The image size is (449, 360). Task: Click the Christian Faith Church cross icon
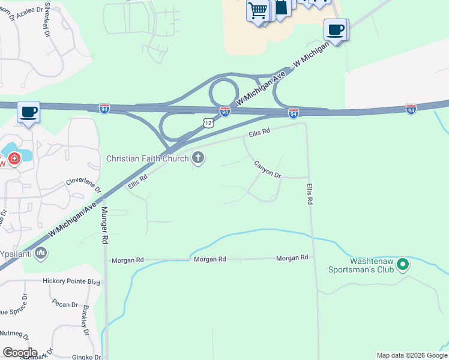coord(198,158)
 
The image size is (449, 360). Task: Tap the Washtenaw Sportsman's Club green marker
coord(403,264)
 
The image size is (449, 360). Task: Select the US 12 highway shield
coord(208,122)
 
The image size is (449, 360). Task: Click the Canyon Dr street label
coord(268,169)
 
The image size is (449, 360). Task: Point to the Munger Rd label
coord(104,225)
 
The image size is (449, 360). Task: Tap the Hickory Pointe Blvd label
coord(71,281)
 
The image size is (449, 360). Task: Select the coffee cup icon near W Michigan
coord(336,29)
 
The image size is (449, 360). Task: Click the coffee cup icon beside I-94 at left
coord(28,112)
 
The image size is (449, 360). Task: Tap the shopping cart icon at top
coord(258,10)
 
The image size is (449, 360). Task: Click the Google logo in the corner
coord(19,353)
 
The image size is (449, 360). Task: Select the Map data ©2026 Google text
coord(412,355)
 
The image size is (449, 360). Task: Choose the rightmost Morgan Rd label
coord(292,258)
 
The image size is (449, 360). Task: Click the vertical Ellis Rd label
coord(309,194)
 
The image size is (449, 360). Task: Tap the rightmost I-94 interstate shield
coord(411,109)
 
